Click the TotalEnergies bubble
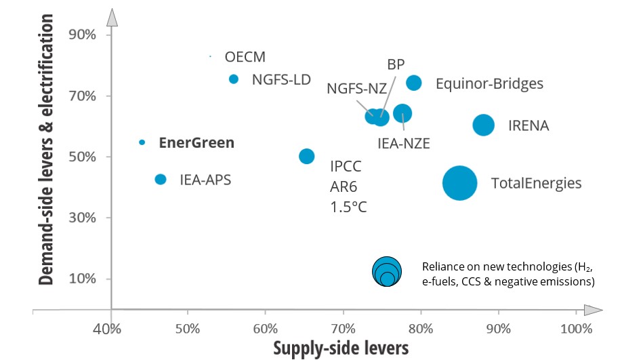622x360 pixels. click(x=460, y=183)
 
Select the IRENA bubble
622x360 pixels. click(x=483, y=125)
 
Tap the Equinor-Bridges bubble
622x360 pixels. click(x=413, y=83)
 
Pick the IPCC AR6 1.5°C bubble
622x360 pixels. click(x=307, y=156)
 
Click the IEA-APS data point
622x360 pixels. click(x=161, y=179)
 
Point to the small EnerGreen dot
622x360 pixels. click(x=142, y=142)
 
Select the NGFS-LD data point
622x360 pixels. click(x=234, y=79)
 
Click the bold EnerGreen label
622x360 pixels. click(x=196, y=142)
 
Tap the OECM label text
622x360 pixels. click(x=245, y=56)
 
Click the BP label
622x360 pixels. click(x=396, y=64)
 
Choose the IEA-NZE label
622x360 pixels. click(x=404, y=143)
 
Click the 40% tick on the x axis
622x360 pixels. click(x=107, y=329)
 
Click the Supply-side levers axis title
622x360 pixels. click(x=341, y=348)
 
